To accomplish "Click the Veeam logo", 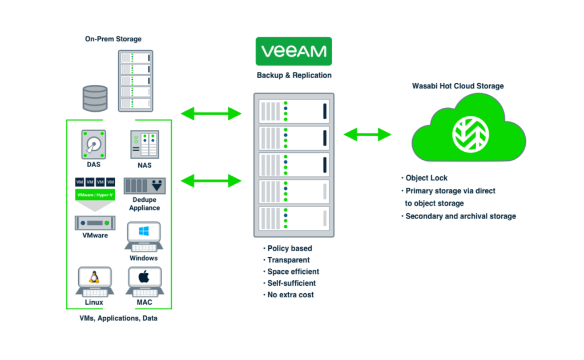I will click(293, 51).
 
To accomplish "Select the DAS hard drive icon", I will click(93, 144).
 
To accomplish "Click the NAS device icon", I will click(144, 144).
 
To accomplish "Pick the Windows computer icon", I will click(143, 237).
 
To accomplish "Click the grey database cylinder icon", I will click(95, 98).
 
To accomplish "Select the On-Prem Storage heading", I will click(113, 39).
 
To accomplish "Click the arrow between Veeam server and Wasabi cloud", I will click(367, 135).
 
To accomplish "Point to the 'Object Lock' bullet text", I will click(426, 178).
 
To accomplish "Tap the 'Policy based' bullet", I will click(289, 248).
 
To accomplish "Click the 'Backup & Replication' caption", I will click(293, 75).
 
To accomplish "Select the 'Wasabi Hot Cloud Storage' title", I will click(458, 86).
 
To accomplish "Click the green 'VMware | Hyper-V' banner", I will click(95, 194).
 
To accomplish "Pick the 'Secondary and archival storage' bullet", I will click(460, 216).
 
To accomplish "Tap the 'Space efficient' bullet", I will click(293, 272).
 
